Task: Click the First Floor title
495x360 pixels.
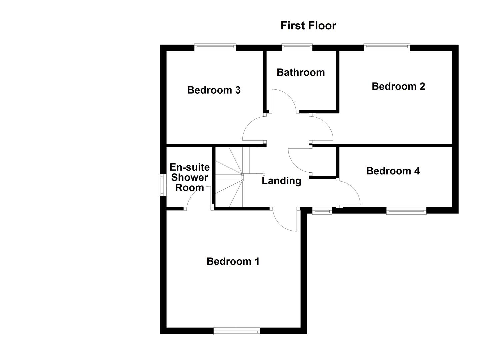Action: [x=308, y=26]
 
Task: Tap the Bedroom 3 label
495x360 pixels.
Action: [x=214, y=90]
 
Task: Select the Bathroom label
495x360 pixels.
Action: [x=300, y=72]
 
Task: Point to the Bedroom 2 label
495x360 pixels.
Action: [x=398, y=86]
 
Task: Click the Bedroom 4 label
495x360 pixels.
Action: [x=393, y=171]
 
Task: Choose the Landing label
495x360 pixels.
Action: [x=281, y=181]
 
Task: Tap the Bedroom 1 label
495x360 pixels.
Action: [x=233, y=261]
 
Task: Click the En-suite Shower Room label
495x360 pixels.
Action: [x=189, y=177]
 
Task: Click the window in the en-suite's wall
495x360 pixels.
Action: [x=162, y=185]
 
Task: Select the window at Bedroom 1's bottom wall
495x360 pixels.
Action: [x=236, y=331]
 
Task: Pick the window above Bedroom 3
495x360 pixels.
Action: [x=215, y=47]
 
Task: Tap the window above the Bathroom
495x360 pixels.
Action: [x=297, y=47]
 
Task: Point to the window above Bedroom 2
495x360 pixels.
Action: [x=386, y=47]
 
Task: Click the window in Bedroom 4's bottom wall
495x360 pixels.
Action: [x=406, y=210]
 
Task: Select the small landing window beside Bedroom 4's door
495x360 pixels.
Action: [x=322, y=210]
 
